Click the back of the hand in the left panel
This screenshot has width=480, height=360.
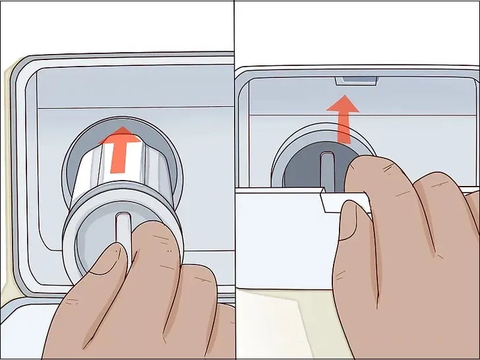pyautogui.click(x=145, y=316)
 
